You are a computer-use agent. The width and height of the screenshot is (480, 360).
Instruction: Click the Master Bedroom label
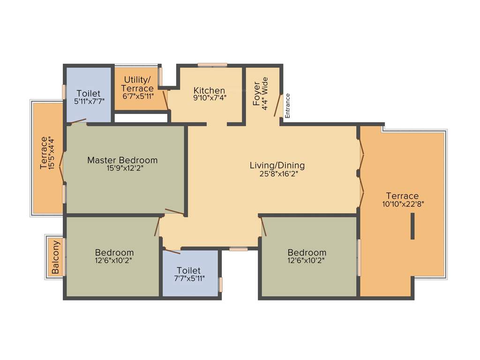[x=122, y=160]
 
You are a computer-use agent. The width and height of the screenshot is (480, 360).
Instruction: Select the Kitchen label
[x=209, y=90]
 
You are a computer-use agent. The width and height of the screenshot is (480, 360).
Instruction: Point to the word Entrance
[x=288, y=105]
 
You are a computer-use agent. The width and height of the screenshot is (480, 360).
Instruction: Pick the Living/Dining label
[x=277, y=165]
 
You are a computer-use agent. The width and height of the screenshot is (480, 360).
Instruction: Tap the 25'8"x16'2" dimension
[x=277, y=173]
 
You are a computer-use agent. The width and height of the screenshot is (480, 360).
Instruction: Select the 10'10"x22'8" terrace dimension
[x=403, y=204]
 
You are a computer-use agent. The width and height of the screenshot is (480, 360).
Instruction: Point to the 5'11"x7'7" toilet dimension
[x=88, y=101]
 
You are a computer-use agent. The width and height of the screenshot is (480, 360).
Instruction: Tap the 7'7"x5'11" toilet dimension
[x=189, y=278]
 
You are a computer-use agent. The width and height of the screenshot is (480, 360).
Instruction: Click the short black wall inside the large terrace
[x=412, y=226]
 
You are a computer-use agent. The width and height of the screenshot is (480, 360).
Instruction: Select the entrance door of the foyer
[x=277, y=106]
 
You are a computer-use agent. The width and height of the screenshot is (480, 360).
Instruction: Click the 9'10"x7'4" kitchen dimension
[x=209, y=98]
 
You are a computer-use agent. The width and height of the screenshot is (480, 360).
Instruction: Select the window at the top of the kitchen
[x=212, y=65]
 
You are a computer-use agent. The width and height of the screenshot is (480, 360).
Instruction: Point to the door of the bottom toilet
[x=172, y=251]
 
